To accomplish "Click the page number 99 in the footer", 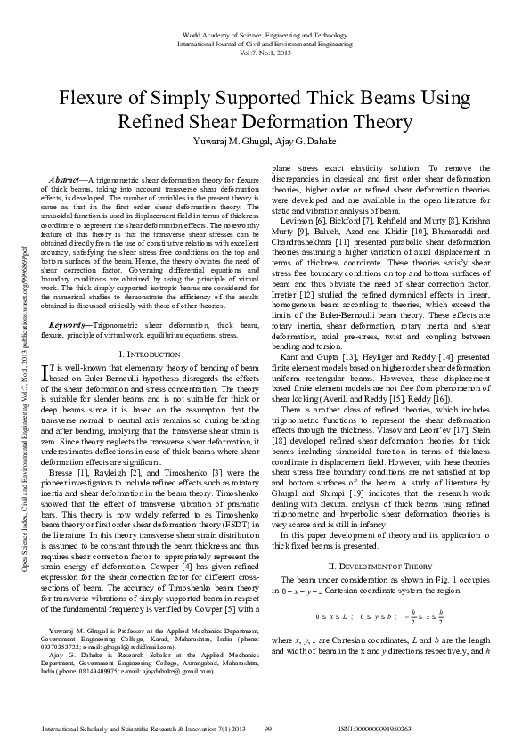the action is pyautogui.click(x=267, y=729).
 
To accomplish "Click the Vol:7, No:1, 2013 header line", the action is pyautogui.click(x=265, y=51).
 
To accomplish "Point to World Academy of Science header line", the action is pyautogui.click(x=265, y=33).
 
